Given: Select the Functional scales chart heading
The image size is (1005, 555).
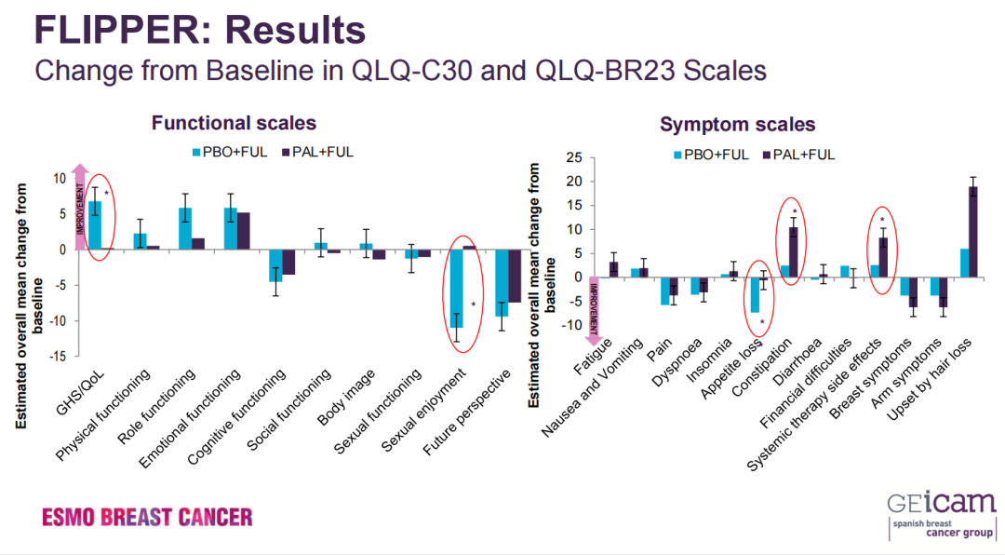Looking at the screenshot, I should click(x=234, y=123).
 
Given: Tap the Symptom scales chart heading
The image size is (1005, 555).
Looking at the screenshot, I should click(x=737, y=124).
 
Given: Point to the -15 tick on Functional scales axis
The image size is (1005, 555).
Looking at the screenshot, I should click(x=59, y=357).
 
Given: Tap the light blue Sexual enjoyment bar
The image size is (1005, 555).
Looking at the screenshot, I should click(x=457, y=285).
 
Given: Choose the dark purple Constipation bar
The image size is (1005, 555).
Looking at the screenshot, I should click(x=793, y=252).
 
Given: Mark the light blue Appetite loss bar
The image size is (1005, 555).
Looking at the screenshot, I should click(x=756, y=294).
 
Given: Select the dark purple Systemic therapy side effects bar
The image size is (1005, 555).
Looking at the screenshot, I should click(x=882, y=257).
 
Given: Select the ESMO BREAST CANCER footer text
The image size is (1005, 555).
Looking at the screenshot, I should click(x=147, y=516).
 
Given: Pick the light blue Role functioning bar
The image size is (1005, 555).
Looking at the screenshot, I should click(x=185, y=228).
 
